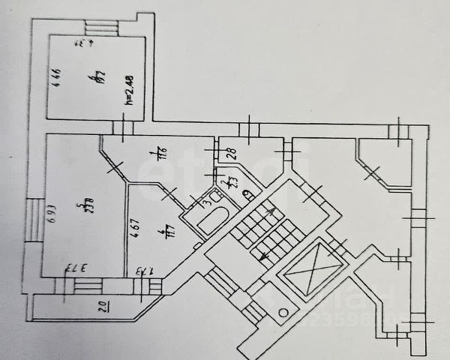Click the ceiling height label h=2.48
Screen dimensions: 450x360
[129, 89]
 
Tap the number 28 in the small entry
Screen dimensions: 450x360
[232, 153]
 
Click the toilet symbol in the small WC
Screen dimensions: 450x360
[247, 196]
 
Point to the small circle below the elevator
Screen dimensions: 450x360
[283, 311]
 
